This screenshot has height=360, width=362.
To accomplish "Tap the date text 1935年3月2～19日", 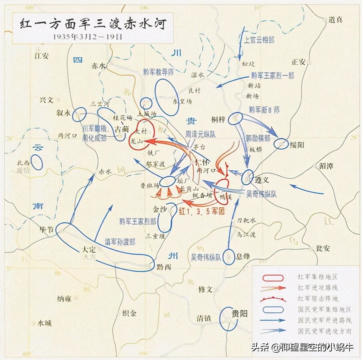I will coord(88,37).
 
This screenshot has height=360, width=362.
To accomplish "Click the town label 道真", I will coord(335,20).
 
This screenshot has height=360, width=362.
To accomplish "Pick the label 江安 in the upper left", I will coord(41,56).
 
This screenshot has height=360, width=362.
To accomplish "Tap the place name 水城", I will coord(44,323).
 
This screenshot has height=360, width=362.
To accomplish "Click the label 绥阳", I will coord(297,145).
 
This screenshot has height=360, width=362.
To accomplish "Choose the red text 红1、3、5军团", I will coord(202,211).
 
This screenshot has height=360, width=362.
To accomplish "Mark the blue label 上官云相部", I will coord(259,40).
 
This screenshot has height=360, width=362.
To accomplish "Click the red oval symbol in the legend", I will coord(273,277).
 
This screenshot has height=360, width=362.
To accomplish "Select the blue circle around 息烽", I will coord(229,257).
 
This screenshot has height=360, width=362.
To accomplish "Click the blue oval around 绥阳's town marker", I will coord(281,144).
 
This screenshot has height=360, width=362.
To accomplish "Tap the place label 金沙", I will coord(159,210).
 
